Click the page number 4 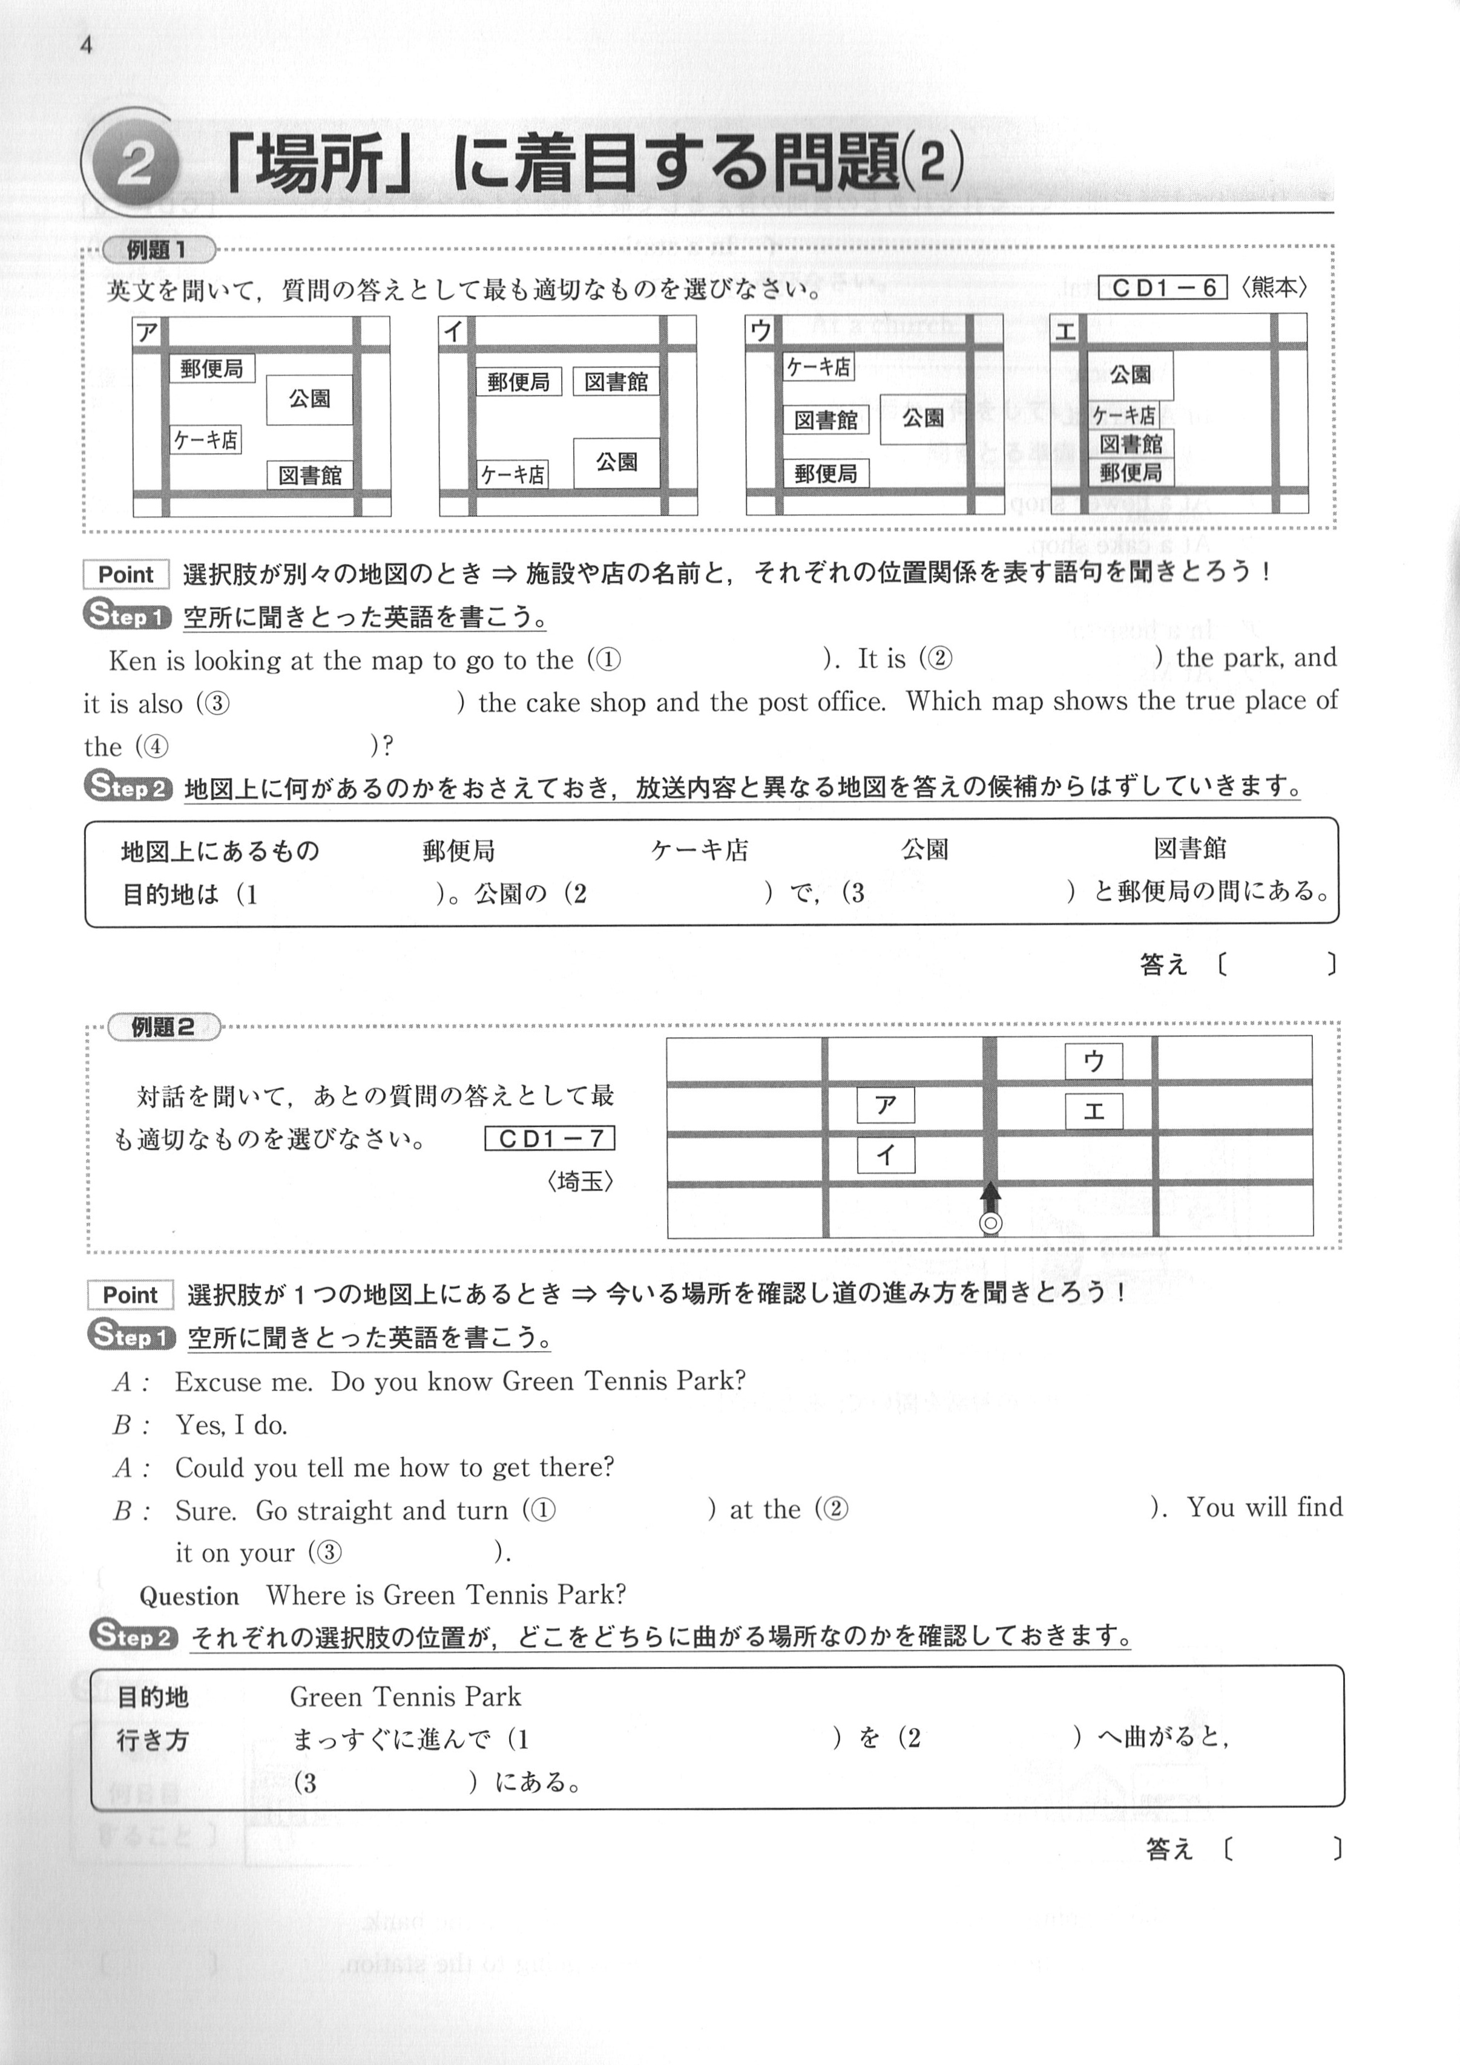click(x=87, y=45)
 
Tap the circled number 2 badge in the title click(x=136, y=165)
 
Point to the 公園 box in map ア click(x=309, y=399)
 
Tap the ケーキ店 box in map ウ click(x=818, y=367)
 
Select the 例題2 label click(x=163, y=1027)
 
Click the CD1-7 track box click(x=550, y=1139)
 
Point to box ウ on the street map click(x=1094, y=1061)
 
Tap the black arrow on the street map click(x=990, y=1198)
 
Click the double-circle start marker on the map click(x=990, y=1223)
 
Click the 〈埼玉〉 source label click(x=580, y=1181)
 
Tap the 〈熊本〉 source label click(x=1273, y=288)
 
